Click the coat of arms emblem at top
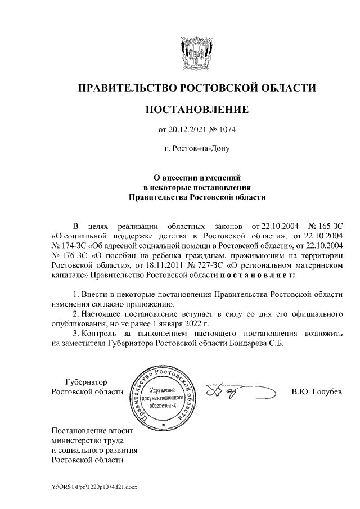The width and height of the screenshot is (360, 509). pos(196,53)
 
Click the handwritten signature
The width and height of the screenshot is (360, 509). pos(236,391)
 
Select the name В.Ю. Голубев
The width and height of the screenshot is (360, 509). pos(316,391)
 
